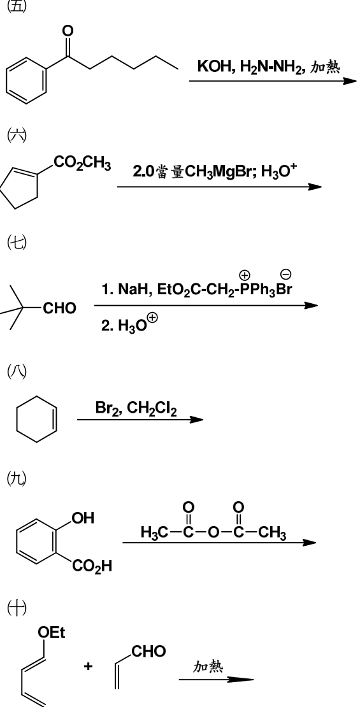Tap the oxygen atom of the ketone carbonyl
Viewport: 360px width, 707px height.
click(68, 31)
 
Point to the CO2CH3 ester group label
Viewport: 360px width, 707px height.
click(82, 163)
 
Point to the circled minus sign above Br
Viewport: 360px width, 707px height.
click(286, 273)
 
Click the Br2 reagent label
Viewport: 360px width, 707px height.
click(107, 408)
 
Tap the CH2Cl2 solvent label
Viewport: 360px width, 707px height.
click(152, 409)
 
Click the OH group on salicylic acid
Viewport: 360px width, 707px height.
click(83, 518)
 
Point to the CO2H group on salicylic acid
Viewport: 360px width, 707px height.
click(92, 566)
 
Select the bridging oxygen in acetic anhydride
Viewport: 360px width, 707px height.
click(213, 532)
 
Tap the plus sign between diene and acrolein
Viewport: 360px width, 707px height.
click(87, 666)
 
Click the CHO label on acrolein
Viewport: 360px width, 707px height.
click(148, 651)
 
